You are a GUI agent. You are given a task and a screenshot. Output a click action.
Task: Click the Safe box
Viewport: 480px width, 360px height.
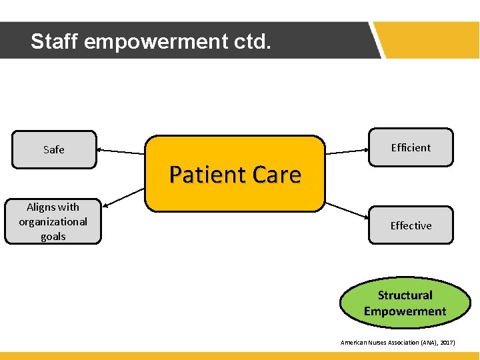[x=53, y=149]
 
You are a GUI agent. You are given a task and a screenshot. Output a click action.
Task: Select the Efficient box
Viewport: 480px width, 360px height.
[x=411, y=147]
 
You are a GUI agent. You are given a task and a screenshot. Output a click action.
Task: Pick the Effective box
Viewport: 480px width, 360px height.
[x=411, y=225]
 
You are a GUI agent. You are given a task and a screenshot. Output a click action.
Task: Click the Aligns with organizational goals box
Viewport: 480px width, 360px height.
[x=53, y=221]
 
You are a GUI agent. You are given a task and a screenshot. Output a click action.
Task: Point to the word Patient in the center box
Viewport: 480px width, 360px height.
[x=199, y=175]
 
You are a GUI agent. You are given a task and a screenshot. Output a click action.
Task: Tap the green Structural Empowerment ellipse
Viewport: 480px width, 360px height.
[x=405, y=303]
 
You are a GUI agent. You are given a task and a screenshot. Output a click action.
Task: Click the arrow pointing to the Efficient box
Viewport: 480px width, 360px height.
[x=347, y=151]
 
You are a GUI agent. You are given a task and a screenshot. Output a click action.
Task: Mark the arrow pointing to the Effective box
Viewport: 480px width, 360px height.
[x=347, y=210]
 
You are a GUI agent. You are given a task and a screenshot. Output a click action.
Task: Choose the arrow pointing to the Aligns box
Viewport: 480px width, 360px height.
[x=125, y=197]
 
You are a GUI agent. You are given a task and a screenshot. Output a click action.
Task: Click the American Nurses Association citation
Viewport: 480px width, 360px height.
[x=397, y=342]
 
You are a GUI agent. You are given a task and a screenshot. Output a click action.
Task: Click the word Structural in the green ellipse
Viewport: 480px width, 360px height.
[x=405, y=295]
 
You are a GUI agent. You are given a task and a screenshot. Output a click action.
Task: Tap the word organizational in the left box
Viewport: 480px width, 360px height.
[x=53, y=221]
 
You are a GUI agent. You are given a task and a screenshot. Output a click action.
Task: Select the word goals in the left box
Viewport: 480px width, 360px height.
[x=53, y=236]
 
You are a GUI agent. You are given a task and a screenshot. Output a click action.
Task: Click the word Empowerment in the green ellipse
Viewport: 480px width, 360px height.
[x=405, y=311]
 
